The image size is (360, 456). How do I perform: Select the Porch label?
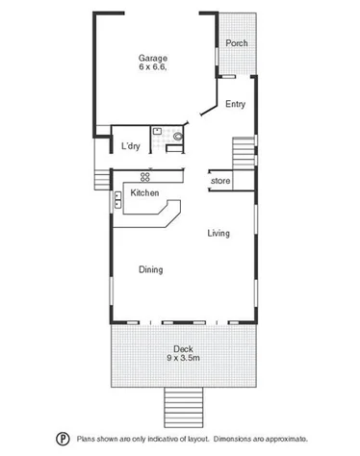point(237,43)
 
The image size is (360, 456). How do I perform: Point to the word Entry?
point(235,104)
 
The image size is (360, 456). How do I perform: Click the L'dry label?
point(131,146)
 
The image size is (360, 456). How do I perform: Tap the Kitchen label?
point(145,193)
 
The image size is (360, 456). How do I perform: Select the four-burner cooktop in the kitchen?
point(146,175)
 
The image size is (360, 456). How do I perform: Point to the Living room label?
point(219,232)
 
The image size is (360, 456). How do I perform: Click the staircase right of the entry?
point(244,154)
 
